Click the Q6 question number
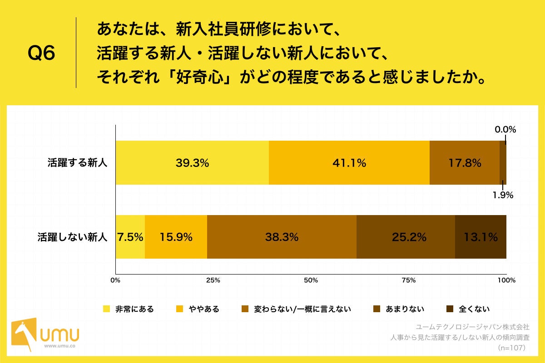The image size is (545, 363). pos(41,54)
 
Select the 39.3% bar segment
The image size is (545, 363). pos(192,163)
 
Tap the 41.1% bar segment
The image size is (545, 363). pos(349,163)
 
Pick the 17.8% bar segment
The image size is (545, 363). pos(464,163)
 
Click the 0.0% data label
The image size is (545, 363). pos(505,129)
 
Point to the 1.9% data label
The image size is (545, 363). pos(504,196)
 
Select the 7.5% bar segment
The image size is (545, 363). pos(130,237)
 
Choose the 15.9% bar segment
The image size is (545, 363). pos(176,237)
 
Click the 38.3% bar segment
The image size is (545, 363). pos(282,237)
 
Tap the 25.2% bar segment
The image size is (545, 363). pos(406,237)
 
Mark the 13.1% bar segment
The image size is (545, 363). pos(481,237)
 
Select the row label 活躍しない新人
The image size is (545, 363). pos(73,237)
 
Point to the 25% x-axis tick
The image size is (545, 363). pos(213,280)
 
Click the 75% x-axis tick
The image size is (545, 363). pos(409,280)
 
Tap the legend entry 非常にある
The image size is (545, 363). pos(129,309)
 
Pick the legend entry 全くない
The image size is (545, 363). pos(468,309)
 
